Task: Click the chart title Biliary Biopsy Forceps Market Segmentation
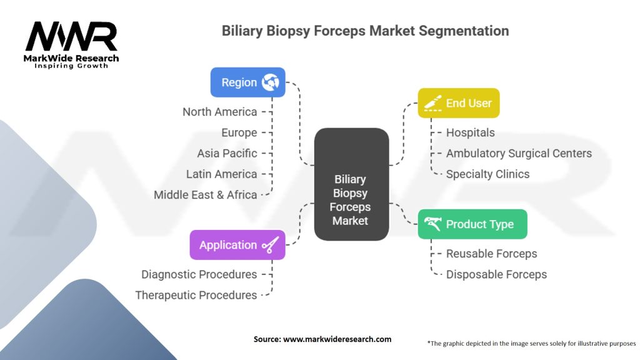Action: [365, 31]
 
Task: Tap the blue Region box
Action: [247, 82]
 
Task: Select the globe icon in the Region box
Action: [271, 82]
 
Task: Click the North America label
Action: [219, 112]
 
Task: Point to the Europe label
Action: [239, 132]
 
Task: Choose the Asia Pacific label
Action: [227, 153]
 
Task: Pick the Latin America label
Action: [221, 174]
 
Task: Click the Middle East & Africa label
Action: [205, 194]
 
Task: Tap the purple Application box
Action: [237, 245]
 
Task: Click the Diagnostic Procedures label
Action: [199, 274]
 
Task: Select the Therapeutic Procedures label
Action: [196, 295]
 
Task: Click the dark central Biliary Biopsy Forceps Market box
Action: [351, 184]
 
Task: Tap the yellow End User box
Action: [458, 103]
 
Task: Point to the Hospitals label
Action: [470, 132]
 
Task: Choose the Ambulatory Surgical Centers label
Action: [518, 153]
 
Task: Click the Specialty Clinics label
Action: [487, 174]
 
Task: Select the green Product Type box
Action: [472, 224]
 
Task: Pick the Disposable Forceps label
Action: [496, 274]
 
